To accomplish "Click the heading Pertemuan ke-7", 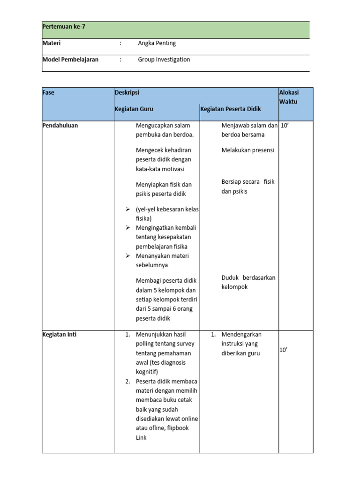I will coord(64,27).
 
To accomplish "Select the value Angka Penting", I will coord(157,43).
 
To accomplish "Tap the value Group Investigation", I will coord(164,60).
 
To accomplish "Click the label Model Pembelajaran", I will coord(70,60).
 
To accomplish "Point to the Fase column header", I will coord(48,92).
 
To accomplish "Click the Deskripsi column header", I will coord(127,92).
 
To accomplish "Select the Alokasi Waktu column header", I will coord(289,97).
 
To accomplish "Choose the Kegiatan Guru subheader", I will coord(134,109).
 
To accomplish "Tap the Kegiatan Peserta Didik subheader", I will coord(231,109).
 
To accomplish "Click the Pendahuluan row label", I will coord(60,125).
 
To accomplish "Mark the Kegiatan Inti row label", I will coord(60,335).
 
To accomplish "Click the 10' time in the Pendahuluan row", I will coord(285,125).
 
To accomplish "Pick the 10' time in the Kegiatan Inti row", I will coord(284,350).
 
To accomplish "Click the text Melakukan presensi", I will coord(247,150).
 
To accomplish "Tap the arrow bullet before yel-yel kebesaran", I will coord(127,209).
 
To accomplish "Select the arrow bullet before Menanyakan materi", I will coord(127,256).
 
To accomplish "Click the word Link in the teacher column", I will coord(141,437).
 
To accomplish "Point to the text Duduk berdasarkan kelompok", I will coord(248,282).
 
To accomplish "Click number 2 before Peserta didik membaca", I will coord(127,381).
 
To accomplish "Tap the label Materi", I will coord(52,43).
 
